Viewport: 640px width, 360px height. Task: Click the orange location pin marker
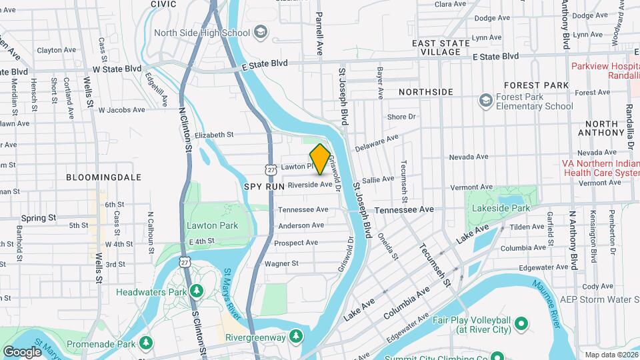pos(320,159)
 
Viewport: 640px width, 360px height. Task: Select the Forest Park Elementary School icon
pos(485,101)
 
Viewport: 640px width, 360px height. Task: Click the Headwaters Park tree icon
pos(196,291)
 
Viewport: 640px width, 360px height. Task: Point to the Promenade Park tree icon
pos(146,343)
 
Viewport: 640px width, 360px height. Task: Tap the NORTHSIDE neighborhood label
pos(425,92)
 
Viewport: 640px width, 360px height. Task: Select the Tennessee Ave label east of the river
pos(404,209)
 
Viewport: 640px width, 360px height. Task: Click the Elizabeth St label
pos(213,134)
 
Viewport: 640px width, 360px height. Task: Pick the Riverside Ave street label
pos(309,185)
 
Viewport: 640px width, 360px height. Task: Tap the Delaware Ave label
pos(376,142)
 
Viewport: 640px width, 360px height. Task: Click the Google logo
pos(22,351)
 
